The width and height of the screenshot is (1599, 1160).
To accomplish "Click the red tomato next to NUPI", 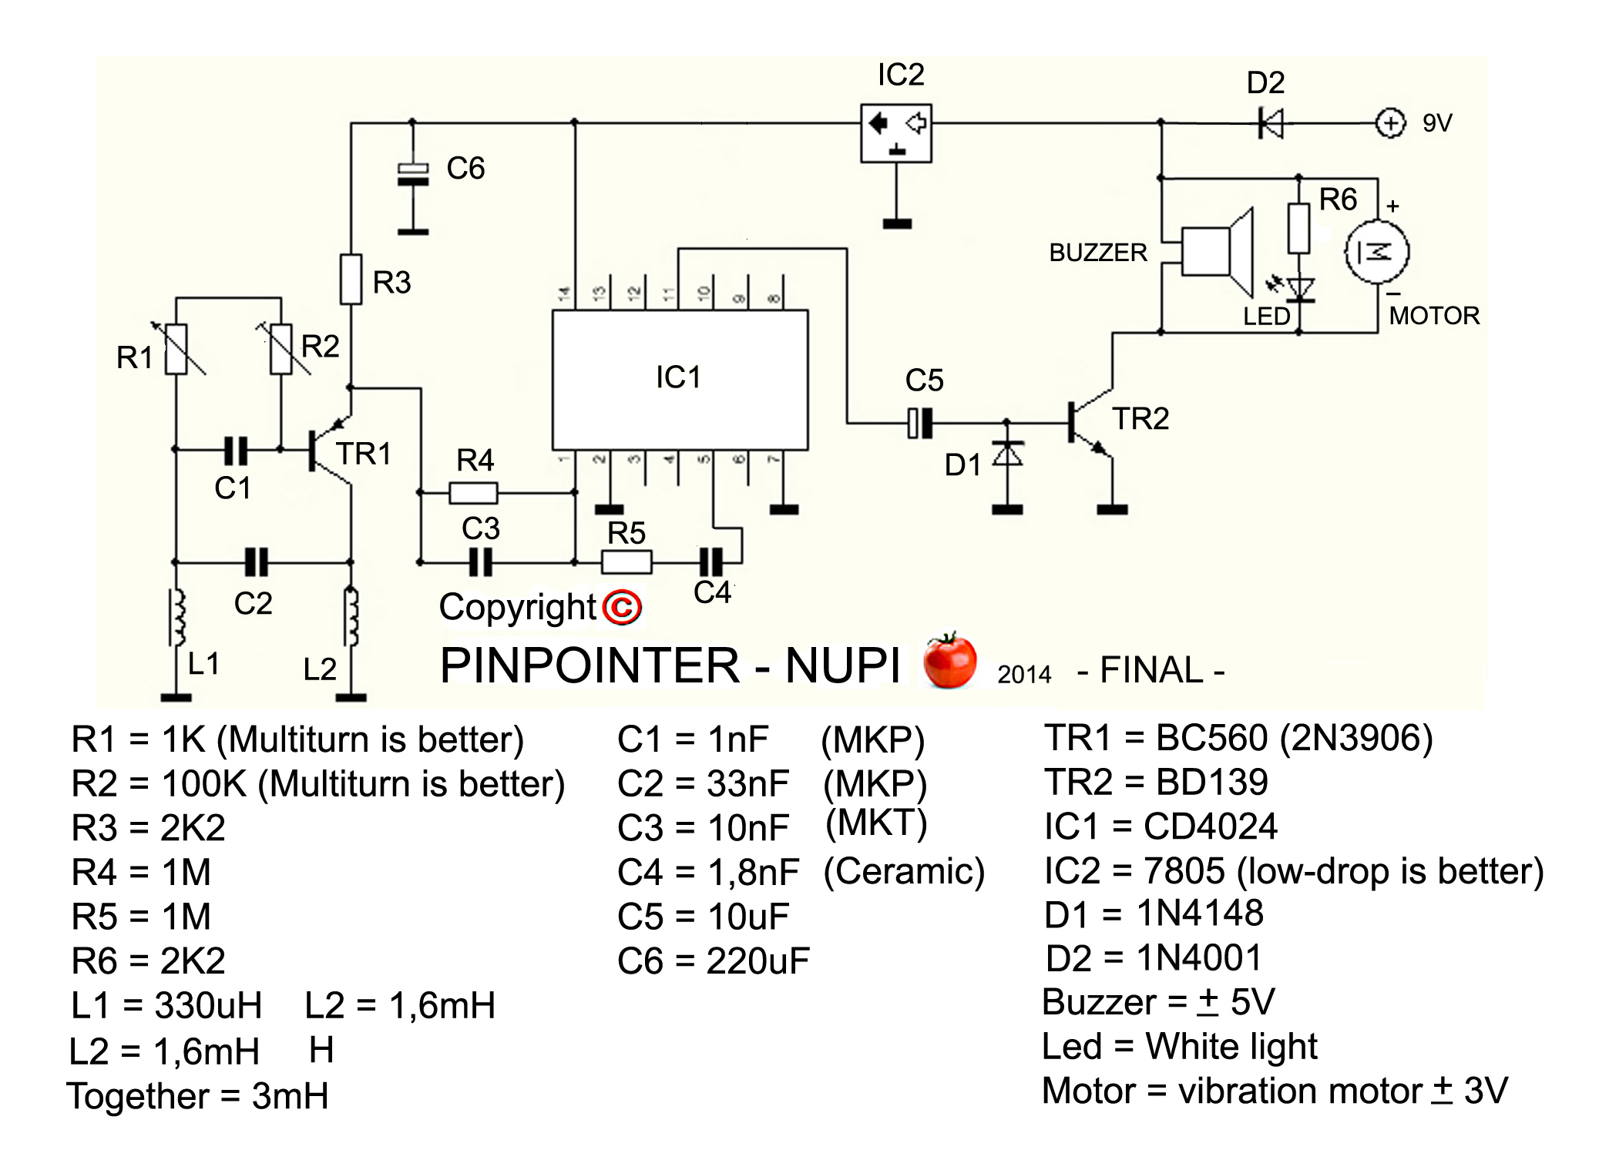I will (x=949, y=661).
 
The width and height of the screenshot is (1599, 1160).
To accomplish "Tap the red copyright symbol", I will (x=622, y=607).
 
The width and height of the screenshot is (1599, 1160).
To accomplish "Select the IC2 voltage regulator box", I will (x=895, y=132).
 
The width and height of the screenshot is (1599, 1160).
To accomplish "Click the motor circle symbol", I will (x=1376, y=252).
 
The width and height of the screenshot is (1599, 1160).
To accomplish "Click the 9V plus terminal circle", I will (x=1389, y=123).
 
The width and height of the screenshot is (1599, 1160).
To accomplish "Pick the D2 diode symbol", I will (x=1271, y=123).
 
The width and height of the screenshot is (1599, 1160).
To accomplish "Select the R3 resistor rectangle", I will (x=351, y=279).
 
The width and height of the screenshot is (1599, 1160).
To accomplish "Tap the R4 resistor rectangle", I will (x=473, y=492).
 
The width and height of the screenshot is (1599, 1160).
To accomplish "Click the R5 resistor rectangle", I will (x=626, y=562).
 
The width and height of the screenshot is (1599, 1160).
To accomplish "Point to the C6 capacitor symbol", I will (x=413, y=175).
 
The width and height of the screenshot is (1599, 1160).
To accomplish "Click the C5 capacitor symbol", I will (x=920, y=423).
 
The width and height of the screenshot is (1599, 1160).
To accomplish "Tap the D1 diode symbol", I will (x=1007, y=454).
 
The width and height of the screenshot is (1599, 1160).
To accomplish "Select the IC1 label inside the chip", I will (x=678, y=377).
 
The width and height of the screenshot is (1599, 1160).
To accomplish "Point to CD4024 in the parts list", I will (x=1210, y=826).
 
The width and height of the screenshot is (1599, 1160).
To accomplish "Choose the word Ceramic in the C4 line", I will (x=904, y=871).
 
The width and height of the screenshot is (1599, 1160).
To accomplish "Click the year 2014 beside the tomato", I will (x=1023, y=674).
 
